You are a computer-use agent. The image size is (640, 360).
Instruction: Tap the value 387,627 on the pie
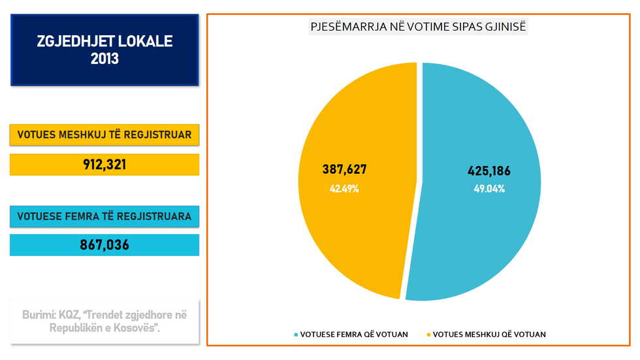click(344, 170)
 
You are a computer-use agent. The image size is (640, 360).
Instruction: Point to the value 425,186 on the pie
click(489, 172)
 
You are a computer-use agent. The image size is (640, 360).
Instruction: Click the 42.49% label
click(344, 189)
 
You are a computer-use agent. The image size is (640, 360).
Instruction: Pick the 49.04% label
click(489, 189)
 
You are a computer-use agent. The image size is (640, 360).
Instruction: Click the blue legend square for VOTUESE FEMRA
click(296, 335)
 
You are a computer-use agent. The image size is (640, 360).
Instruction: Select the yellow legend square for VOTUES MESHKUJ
click(428, 335)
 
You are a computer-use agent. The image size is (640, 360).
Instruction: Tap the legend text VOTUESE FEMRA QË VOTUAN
click(353, 335)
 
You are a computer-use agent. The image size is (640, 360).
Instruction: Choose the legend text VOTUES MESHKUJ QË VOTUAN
click(489, 335)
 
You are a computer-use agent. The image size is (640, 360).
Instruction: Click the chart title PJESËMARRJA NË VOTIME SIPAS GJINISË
click(418, 27)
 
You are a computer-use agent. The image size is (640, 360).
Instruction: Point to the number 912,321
click(104, 165)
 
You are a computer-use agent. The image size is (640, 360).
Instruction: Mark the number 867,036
click(104, 245)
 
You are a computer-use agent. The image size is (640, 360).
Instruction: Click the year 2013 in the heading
click(104, 59)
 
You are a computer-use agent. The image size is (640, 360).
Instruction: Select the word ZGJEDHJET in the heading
click(70, 42)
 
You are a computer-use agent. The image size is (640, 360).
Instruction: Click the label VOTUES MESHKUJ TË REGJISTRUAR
click(104, 135)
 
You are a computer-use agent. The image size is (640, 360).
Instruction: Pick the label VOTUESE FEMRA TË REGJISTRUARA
click(104, 216)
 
